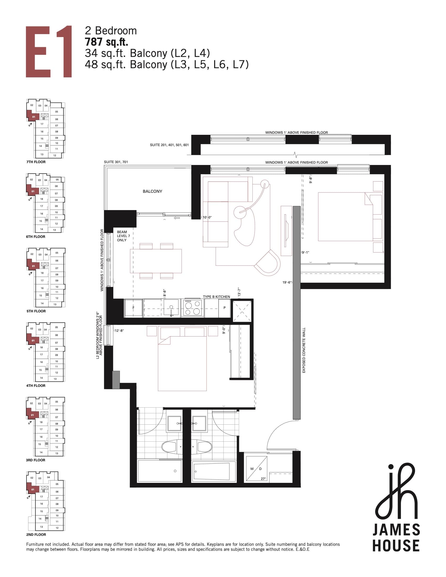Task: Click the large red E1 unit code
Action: [x=49, y=51]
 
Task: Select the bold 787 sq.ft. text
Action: [x=106, y=42]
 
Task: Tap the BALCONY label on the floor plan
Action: [x=152, y=191]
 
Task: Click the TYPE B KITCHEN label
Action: [x=216, y=297]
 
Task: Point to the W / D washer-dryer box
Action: [x=256, y=469]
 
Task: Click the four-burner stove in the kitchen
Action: [x=192, y=308]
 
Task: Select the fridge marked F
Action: [x=134, y=308]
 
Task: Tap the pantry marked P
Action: [x=224, y=308]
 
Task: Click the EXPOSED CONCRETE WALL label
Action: [x=304, y=350]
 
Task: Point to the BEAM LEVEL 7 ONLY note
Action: [x=123, y=236]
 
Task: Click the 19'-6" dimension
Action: [x=287, y=282]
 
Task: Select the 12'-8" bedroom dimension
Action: [x=119, y=330]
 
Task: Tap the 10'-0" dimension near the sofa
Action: [x=207, y=217]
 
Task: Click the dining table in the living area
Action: [x=156, y=261]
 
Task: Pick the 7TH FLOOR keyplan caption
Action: [x=36, y=162]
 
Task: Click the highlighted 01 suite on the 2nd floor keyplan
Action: [x=33, y=490]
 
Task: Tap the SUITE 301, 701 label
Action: [x=116, y=162]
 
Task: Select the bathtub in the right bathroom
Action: [x=211, y=471]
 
